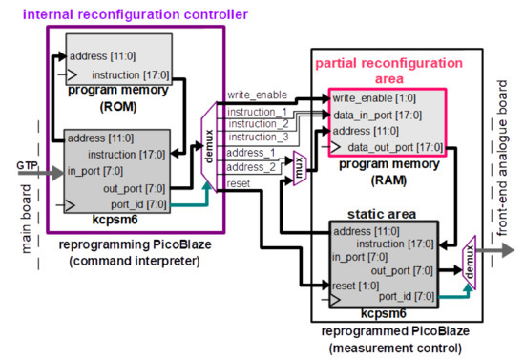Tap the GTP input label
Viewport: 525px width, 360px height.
tap(27, 165)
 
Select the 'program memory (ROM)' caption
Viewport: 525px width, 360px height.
tap(119, 96)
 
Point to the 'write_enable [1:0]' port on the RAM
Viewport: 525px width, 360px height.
tap(374, 98)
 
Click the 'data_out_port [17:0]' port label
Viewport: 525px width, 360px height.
tap(392, 147)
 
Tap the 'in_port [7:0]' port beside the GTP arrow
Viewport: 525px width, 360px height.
tap(90, 172)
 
